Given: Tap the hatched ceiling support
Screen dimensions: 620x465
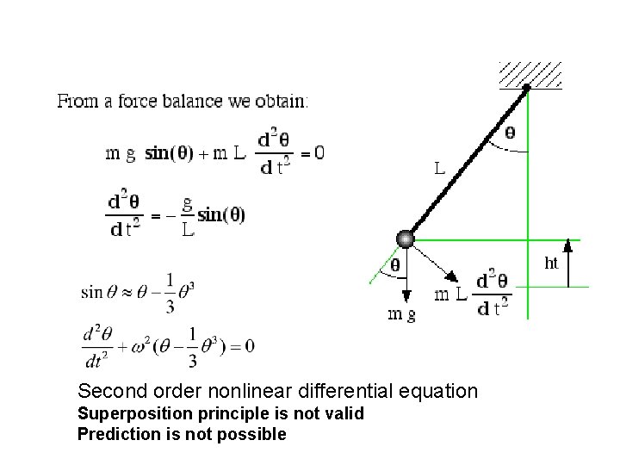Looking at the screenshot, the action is coord(530,74).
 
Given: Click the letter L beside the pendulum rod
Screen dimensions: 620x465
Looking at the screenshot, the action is coord(439,169).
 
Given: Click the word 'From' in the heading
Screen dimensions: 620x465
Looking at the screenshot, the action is coord(75,101).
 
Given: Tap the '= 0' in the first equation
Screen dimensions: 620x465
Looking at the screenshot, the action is coord(312,154).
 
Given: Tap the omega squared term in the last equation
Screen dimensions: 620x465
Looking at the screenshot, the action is coord(141,344).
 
